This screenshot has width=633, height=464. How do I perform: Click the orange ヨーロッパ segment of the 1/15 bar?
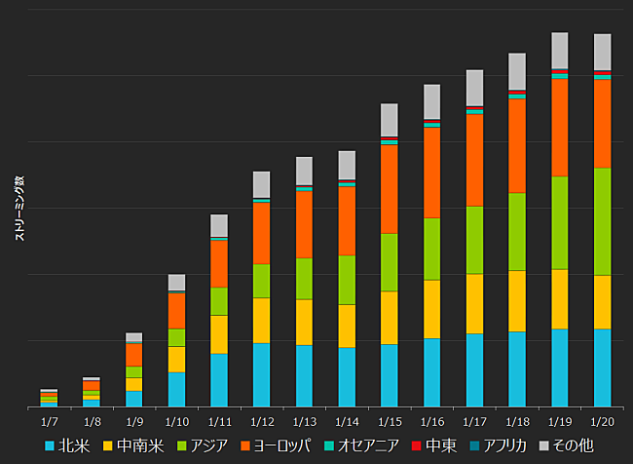389,189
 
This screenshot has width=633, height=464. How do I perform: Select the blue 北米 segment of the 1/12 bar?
261,374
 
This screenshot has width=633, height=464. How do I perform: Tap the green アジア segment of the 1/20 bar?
602,221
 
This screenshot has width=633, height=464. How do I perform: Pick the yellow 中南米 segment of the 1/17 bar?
474,303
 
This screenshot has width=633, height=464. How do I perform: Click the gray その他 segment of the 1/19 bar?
560,51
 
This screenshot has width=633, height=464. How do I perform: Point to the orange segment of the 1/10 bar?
176,311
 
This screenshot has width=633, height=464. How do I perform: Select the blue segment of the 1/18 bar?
517,368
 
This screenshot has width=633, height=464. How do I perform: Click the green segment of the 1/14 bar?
347,280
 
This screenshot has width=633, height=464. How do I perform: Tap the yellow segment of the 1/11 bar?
219,334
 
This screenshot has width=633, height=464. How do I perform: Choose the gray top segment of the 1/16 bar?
431,101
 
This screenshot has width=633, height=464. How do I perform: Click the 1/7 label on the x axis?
50,421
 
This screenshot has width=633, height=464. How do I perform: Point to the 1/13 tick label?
304,421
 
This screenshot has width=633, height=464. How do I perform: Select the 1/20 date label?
602,421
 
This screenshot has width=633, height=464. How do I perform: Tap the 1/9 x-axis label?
134,421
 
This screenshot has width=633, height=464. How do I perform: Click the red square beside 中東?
417,445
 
